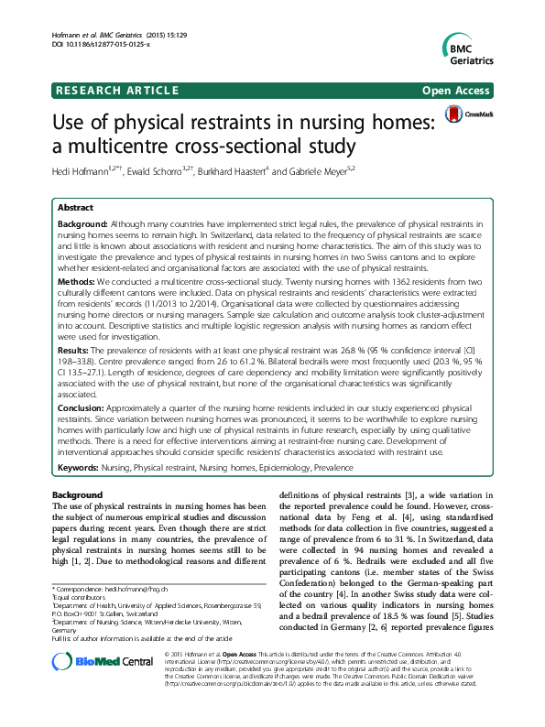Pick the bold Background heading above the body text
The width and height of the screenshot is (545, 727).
point(78,494)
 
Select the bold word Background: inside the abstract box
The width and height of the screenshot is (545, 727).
point(82,223)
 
